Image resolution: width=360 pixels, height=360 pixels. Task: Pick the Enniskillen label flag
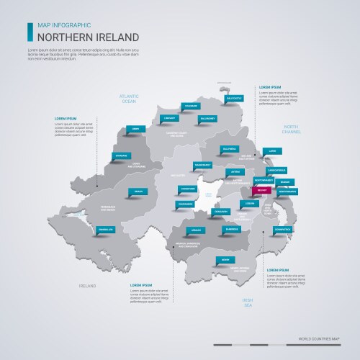point(106,230)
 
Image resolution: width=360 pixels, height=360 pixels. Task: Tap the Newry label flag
point(226,260)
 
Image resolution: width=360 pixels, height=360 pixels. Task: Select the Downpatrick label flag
point(282,229)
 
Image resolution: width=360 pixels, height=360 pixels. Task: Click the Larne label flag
point(271,151)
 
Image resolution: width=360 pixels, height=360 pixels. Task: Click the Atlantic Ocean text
point(128,99)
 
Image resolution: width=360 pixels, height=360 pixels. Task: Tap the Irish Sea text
point(248,303)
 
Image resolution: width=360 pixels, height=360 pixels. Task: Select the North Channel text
point(290,129)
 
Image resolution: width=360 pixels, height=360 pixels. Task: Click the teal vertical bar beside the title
point(29,31)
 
